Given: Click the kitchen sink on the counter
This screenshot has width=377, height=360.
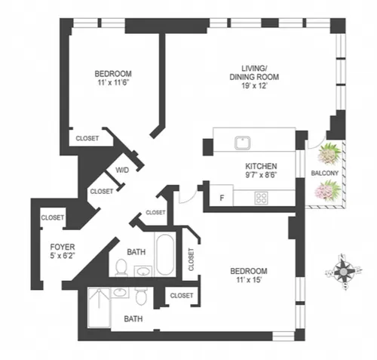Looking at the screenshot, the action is [x=243, y=143].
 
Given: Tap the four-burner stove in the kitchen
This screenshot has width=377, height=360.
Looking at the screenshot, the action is [x=261, y=198].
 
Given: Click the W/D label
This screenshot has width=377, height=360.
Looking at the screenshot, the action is [x=122, y=171].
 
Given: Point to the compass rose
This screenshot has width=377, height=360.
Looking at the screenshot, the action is [x=343, y=272].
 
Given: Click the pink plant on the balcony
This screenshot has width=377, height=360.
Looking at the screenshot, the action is [x=328, y=190].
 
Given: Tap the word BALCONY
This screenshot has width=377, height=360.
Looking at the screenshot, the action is [x=325, y=173].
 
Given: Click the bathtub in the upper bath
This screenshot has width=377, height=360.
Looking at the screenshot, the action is [x=165, y=255].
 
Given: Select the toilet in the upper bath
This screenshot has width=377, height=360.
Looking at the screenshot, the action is [x=121, y=267].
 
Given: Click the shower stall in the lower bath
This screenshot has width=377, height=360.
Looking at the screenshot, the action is [x=100, y=308].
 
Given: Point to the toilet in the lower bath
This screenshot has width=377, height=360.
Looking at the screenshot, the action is [x=141, y=297].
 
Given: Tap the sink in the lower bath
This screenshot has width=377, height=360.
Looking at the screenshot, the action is [x=121, y=293].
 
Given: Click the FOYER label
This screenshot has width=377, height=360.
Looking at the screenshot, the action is [x=63, y=247].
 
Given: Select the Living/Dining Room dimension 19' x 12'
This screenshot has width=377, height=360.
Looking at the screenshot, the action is [x=254, y=86].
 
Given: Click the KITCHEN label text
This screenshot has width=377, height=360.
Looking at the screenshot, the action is [x=261, y=166].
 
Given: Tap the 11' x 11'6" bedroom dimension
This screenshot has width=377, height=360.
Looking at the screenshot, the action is [x=113, y=82].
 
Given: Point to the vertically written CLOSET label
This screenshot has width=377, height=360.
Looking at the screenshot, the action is [x=192, y=260].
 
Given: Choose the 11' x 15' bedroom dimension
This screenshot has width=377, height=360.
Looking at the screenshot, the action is [x=249, y=280].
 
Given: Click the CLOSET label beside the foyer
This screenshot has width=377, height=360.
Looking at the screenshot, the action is [x=53, y=217].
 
